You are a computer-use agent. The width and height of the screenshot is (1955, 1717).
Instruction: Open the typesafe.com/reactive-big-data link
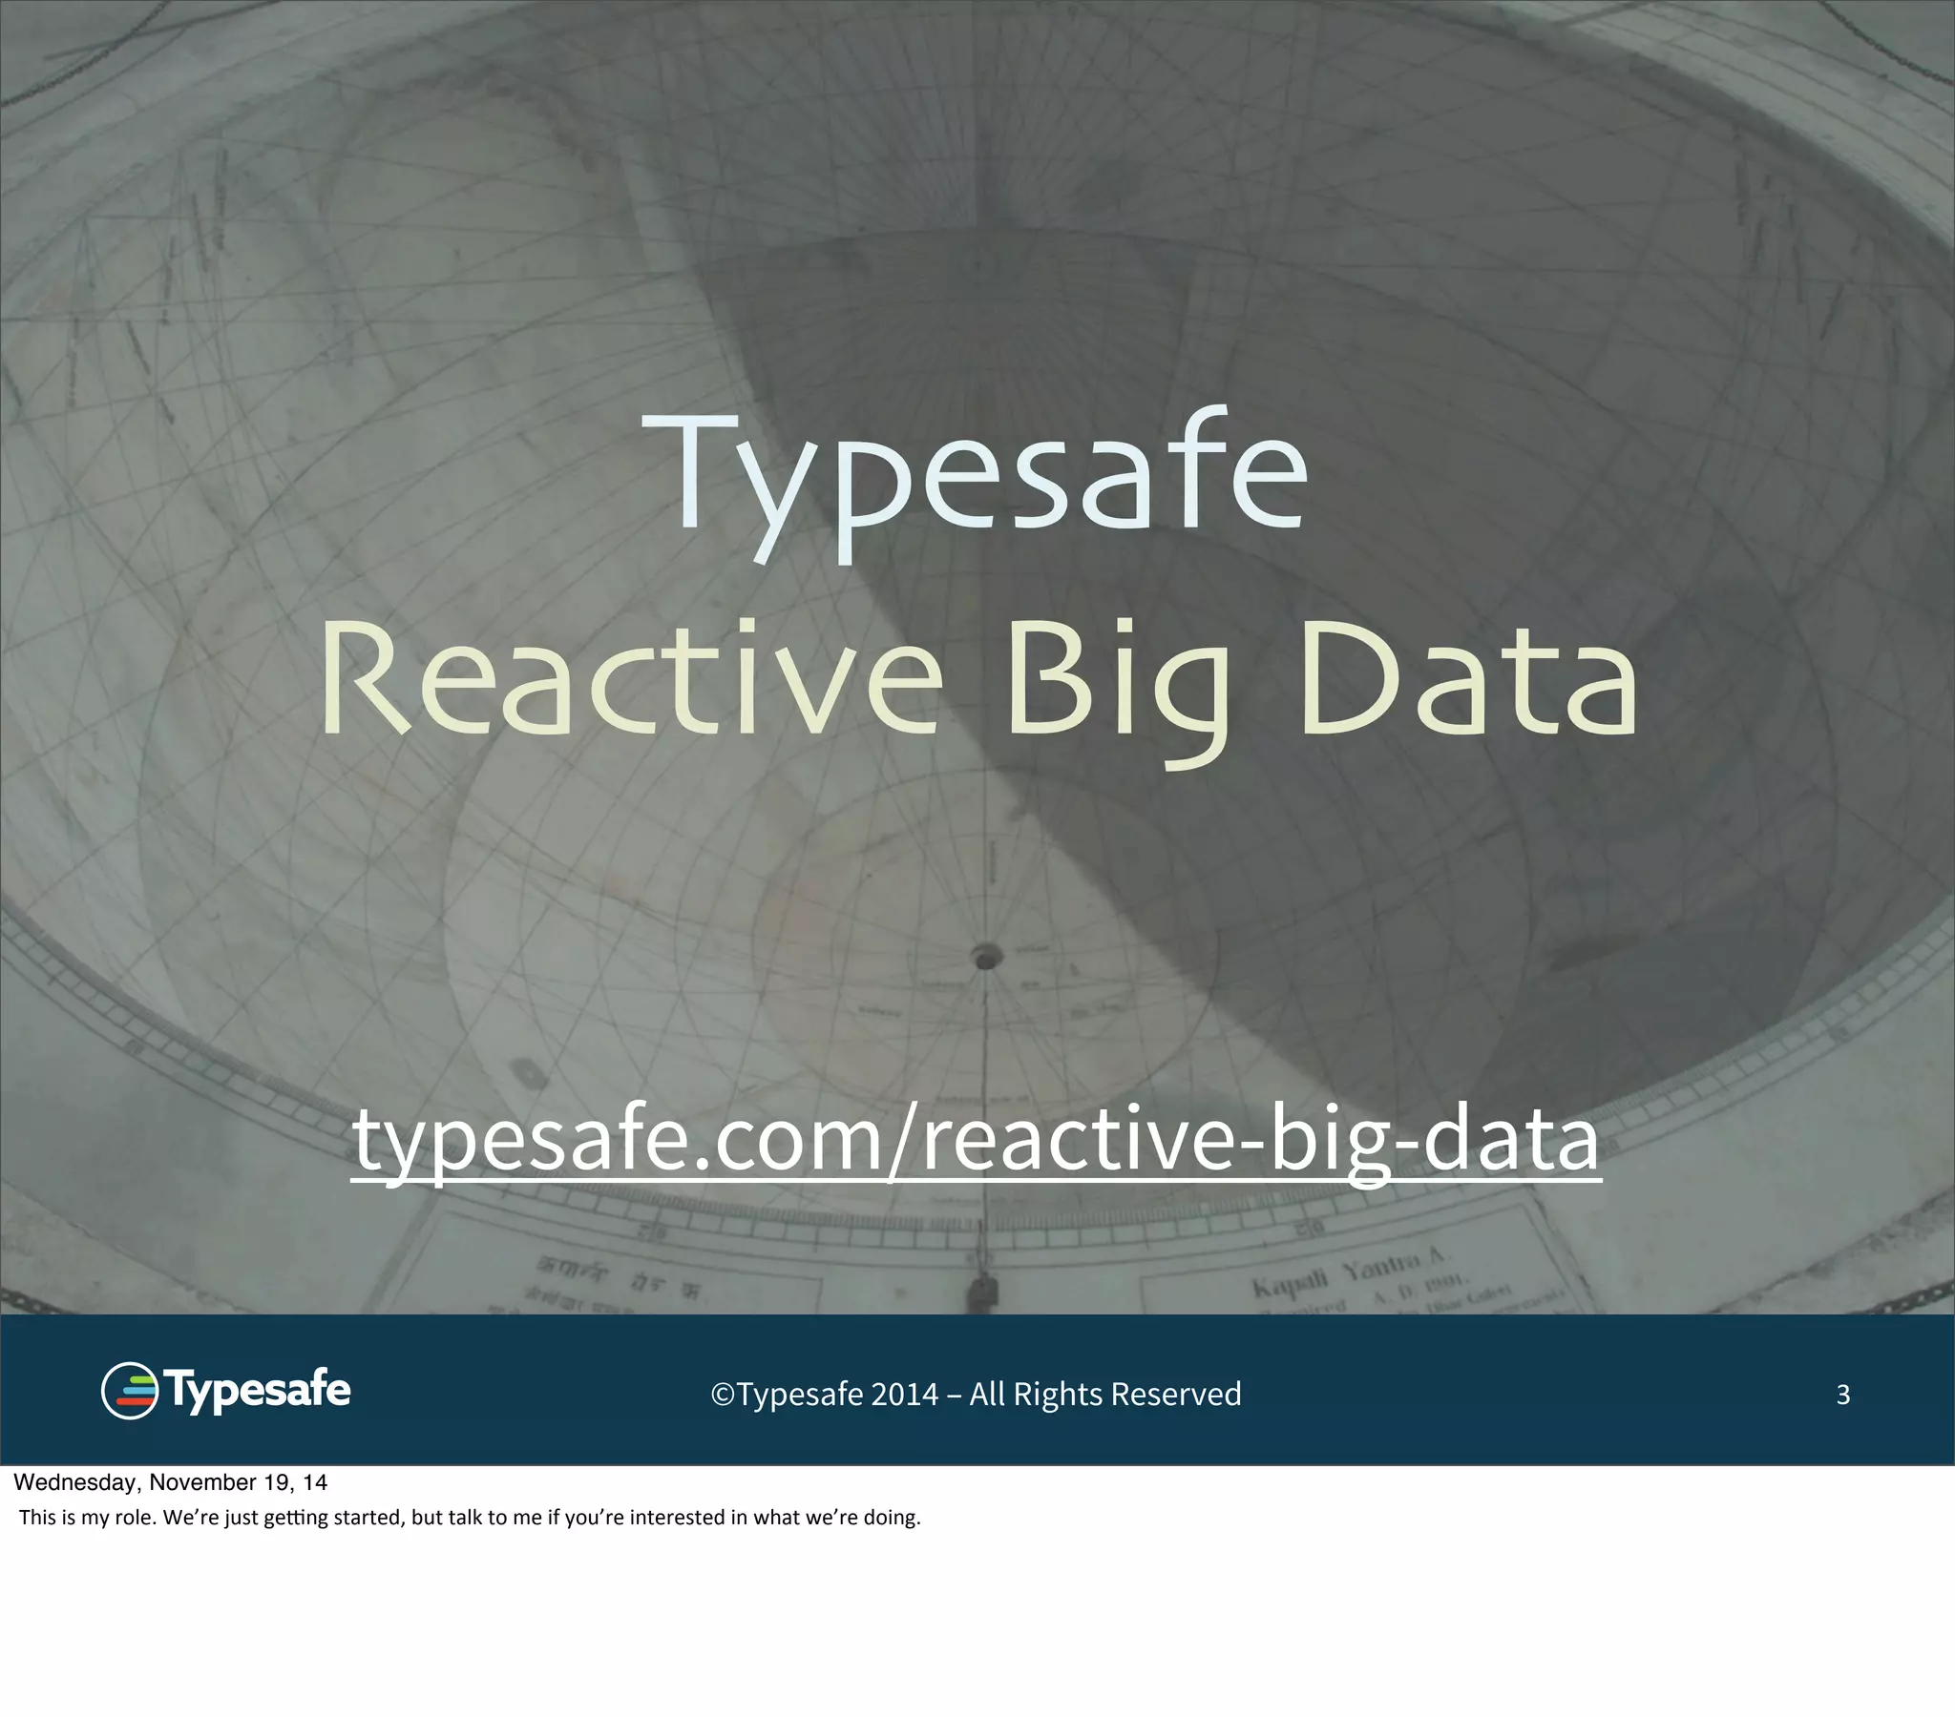976,1142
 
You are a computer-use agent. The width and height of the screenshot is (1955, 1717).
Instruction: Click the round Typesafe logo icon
129,1391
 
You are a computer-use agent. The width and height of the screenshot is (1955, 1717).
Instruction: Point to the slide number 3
1843,1395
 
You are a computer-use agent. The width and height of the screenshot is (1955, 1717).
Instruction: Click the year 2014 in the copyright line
904,1395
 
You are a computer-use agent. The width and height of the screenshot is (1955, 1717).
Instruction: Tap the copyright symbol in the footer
723,1396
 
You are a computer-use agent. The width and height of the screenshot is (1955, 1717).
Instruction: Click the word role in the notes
135,1518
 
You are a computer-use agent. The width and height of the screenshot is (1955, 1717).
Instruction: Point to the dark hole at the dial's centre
986,956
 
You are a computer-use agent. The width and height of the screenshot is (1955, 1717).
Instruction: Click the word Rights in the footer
1058,1395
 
